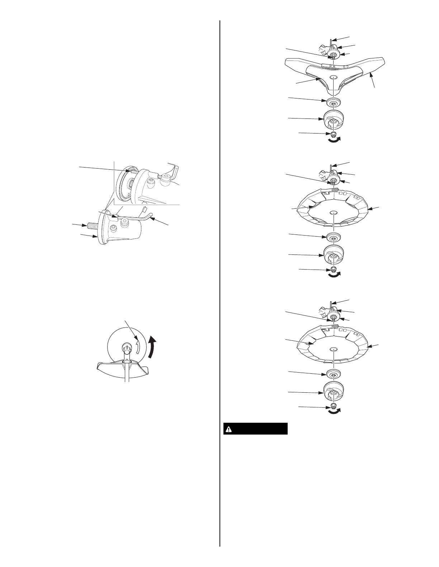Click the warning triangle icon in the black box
(x=228, y=429)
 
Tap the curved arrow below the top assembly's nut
(x=334, y=141)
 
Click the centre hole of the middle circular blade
(x=334, y=212)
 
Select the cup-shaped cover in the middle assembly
(x=334, y=255)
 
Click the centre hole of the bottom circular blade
(x=334, y=348)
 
